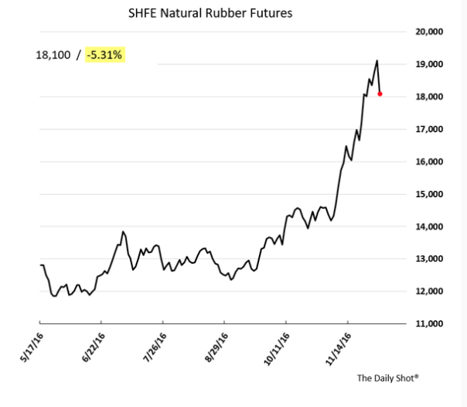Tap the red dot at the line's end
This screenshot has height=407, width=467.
380,94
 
